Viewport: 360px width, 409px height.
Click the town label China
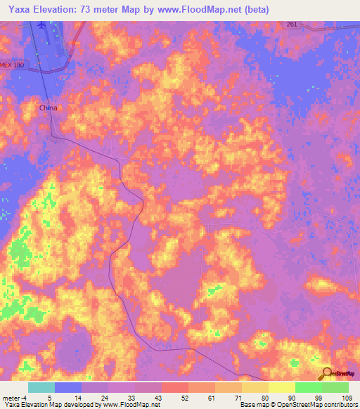point(48,108)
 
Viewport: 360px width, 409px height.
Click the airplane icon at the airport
point(44,25)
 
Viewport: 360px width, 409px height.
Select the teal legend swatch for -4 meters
point(41,387)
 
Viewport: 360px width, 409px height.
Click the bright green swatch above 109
point(335,387)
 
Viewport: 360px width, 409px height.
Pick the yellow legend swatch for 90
point(282,387)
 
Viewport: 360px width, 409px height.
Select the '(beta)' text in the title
point(253,10)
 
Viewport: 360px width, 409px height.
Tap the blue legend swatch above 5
point(68,387)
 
